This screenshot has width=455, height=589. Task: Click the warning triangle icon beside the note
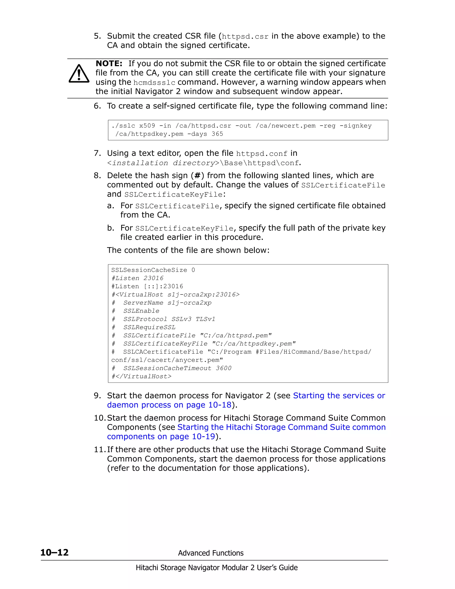(79, 74)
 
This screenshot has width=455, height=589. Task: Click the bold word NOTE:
(109, 64)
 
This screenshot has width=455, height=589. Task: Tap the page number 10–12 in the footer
(54, 553)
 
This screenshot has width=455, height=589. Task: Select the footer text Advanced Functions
(211, 553)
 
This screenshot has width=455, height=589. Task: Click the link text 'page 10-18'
(209, 405)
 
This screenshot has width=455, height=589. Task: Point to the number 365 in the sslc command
(217, 134)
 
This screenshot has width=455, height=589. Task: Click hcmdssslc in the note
(154, 82)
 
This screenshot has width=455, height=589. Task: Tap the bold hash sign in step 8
(197, 176)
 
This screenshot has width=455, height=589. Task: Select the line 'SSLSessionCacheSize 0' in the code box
(153, 270)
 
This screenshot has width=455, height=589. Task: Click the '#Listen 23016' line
(138, 278)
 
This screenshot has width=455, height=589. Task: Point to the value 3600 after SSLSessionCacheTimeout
(224, 368)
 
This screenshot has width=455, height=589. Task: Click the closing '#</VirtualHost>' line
(141, 376)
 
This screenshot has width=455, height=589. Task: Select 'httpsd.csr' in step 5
(245, 36)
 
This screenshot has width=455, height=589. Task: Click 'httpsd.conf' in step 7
(261, 154)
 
